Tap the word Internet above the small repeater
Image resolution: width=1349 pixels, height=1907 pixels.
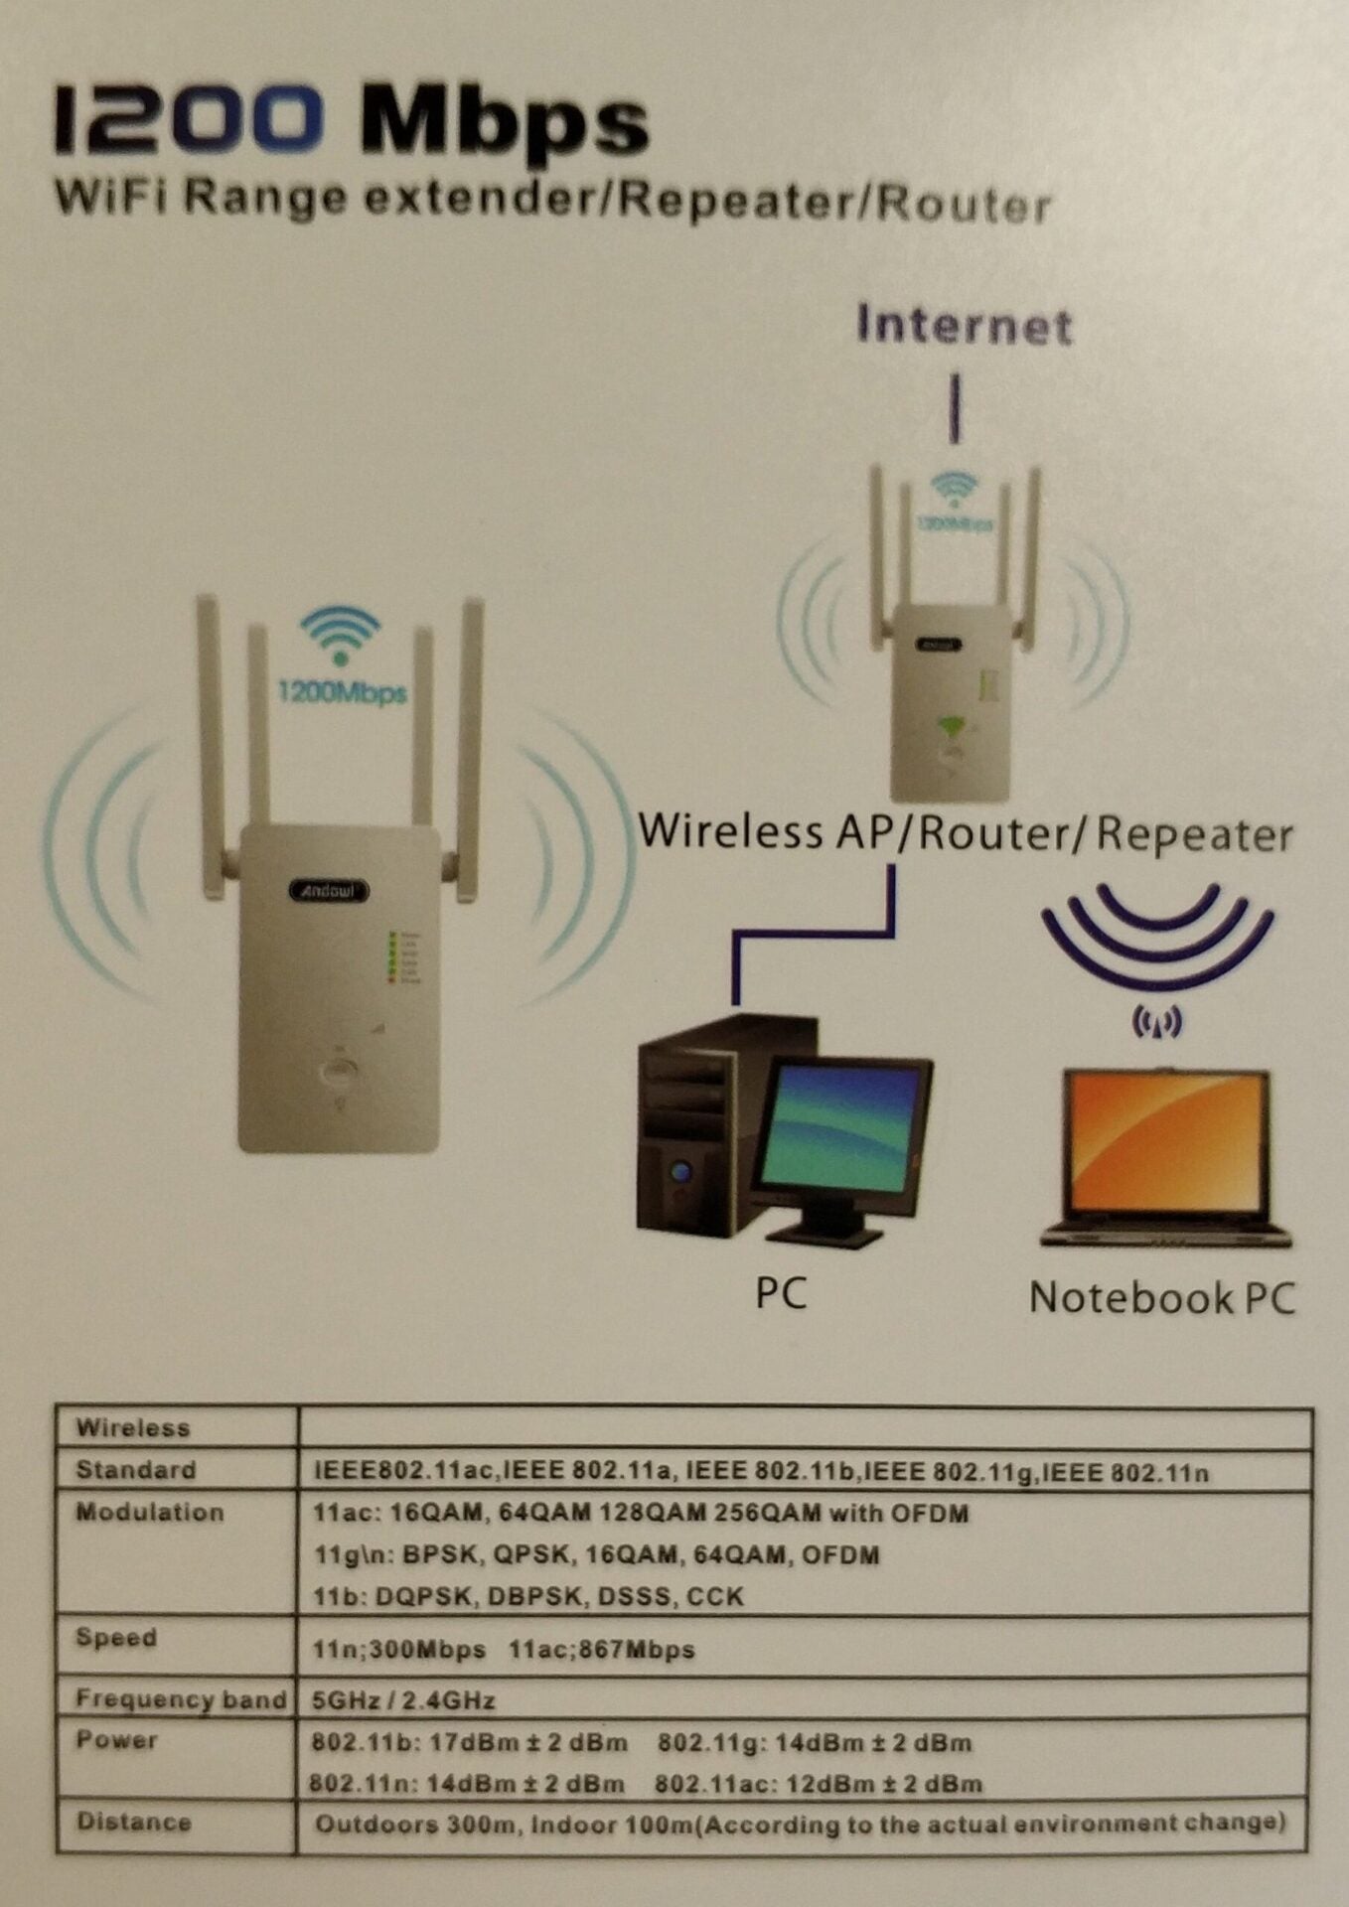(x=965, y=325)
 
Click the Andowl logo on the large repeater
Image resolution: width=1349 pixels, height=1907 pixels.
(x=328, y=890)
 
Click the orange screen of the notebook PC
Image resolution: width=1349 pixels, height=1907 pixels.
(x=1164, y=1149)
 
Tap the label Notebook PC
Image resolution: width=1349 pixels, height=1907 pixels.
(x=1162, y=1297)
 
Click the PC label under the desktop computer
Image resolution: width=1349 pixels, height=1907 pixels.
(x=781, y=1292)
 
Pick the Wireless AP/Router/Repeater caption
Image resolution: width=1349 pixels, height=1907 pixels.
(x=965, y=832)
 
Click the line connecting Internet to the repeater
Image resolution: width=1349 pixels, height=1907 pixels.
(x=955, y=407)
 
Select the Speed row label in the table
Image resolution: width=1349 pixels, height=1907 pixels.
(x=116, y=1637)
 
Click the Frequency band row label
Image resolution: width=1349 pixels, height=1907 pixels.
(x=180, y=1699)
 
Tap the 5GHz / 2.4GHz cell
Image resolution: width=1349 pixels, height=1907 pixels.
(x=403, y=1700)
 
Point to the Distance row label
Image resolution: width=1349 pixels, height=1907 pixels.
(x=133, y=1822)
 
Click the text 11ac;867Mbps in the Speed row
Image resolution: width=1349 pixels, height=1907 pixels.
(x=601, y=1650)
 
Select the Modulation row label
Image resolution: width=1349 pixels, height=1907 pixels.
(x=149, y=1513)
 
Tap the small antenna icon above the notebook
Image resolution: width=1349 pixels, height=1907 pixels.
(x=1156, y=1021)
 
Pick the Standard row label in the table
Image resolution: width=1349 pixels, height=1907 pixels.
(x=135, y=1470)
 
